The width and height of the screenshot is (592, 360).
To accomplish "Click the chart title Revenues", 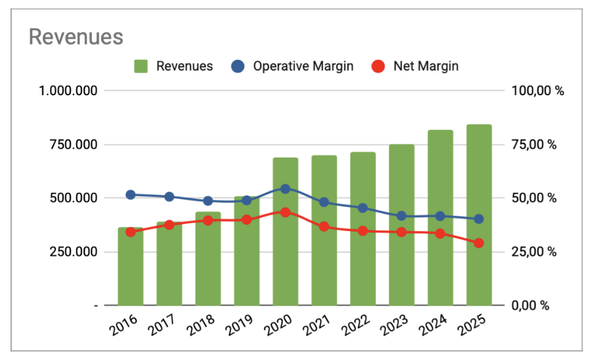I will (x=76, y=37).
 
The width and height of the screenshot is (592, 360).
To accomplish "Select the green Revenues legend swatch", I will (x=141, y=66).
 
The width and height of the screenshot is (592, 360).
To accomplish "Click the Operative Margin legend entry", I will (x=302, y=66).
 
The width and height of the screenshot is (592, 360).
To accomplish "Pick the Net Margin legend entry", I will (x=425, y=66).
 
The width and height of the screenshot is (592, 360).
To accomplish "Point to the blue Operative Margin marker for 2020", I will (x=285, y=189).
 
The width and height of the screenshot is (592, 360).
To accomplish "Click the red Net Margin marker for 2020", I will (x=285, y=212).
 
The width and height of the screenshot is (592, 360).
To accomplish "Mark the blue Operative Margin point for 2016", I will (x=131, y=195).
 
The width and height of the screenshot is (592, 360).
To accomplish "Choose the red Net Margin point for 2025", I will (x=479, y=243).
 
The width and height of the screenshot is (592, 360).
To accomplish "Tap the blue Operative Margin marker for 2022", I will (x=362, y=208).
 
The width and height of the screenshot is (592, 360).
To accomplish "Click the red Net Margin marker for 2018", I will (x=208, y=220).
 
